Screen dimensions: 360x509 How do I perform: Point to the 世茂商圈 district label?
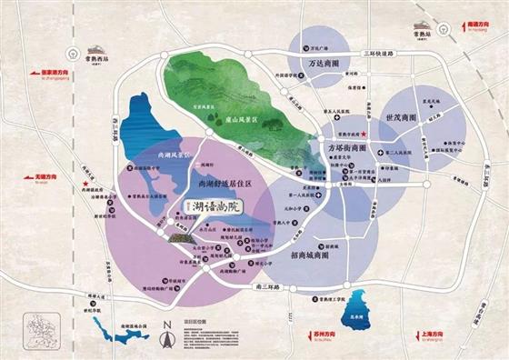402,119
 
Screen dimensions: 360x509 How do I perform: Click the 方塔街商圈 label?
345,147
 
